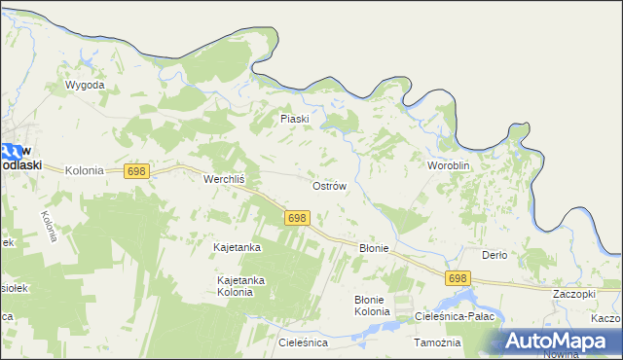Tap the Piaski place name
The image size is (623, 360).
pyautogui.click(x=294, y=119)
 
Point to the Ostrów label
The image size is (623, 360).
pyautogui.click(x=329, y=185)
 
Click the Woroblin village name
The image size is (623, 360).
pyautogui.click(x=449, y=166)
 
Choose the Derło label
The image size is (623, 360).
pyautogui.click(x=495, y=255)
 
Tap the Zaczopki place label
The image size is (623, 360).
pyautogui.click(x=573, y=293)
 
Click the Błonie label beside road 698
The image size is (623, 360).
pyautogui.click(x=374, y=248)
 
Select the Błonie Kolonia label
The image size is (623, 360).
pyautogui.click(x=371, y=306)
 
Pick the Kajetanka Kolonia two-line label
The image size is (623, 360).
pyautogui.click(x=240, y=286)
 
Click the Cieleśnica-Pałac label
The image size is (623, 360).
pyautogui.click(x=456, y=316)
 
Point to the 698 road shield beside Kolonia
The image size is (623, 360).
pyautogui.click(x=136, y=171)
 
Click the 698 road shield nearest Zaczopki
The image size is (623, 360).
pyautogui.click(x=458, y=278)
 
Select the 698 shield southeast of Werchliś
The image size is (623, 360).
pyautogui.click(x=298, y=218)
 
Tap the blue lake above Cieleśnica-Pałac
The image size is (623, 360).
pyautogui.click(x=465, y=298)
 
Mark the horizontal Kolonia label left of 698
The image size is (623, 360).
pyautogui.click(x=84, y=170)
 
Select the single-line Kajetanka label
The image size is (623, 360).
pyautogui.click(x=238, y=248)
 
